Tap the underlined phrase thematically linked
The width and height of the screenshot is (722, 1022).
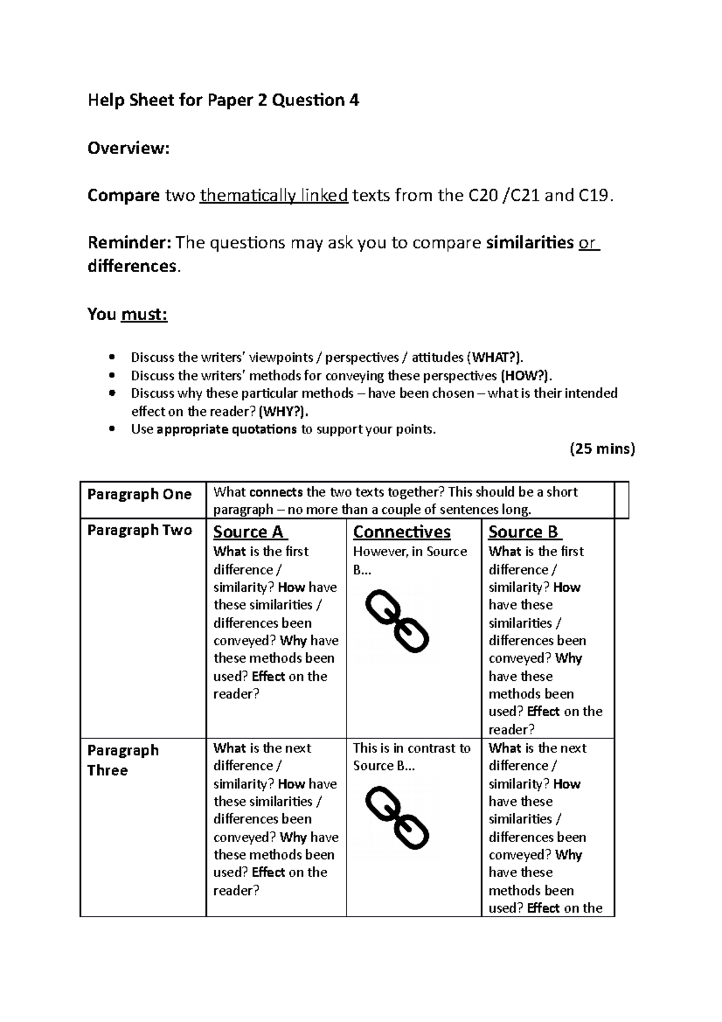(274, 196)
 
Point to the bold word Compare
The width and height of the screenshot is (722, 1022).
(123, 196)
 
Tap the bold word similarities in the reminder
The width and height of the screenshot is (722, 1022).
(529, 243)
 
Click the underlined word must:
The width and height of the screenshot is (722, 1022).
(144, 314)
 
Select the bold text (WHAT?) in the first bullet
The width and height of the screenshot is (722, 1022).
(493, 358)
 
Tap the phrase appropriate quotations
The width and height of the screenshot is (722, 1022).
(226, 429)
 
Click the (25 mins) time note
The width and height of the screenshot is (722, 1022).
(602, 448)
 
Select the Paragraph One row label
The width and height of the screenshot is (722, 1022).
(139, 494)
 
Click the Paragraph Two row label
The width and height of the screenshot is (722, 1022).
(140, 530)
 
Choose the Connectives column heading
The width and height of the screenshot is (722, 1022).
(401, 532)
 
